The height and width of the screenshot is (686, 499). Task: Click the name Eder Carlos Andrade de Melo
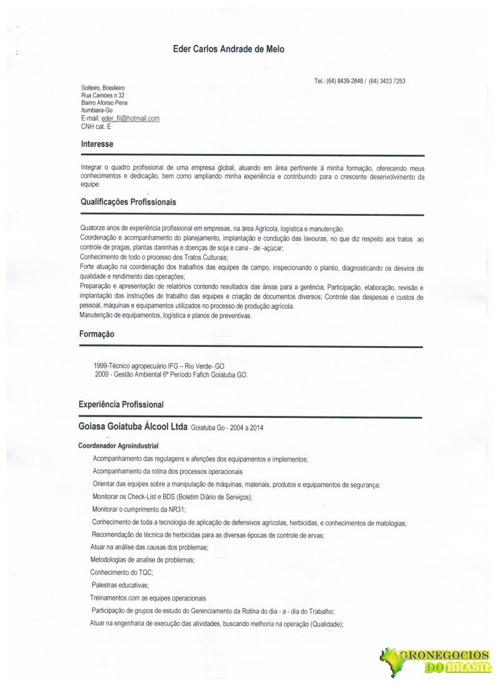(x=228, y=49)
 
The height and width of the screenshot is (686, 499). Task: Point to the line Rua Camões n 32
(x=104, y=95)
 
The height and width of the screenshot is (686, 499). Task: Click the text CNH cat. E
(x=96, y=126)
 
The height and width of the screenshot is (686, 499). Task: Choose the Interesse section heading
(x=97, y=145)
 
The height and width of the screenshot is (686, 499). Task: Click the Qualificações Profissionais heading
(x=128, y=203)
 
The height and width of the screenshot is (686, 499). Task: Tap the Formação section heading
(x=97, y=334)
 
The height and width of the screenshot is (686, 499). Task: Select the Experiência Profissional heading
(x=122, y=405)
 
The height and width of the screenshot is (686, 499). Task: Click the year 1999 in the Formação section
(x=100, y=367)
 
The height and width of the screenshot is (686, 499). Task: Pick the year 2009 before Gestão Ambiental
(x=100, y=375)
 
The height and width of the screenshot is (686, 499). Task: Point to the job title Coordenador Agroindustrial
(x=119, y=446)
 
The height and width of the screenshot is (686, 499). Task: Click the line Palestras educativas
(x=120, y=586)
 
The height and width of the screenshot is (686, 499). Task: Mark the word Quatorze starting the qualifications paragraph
(x=94, y=229)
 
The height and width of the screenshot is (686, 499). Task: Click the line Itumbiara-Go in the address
(x=99, y=110)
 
